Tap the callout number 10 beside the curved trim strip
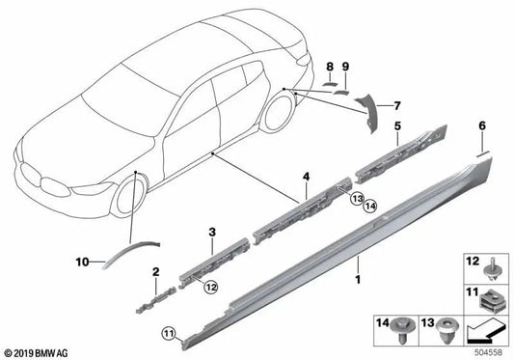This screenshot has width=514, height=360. coord(84,261)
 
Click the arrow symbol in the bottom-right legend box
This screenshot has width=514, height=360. coord(485,332)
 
